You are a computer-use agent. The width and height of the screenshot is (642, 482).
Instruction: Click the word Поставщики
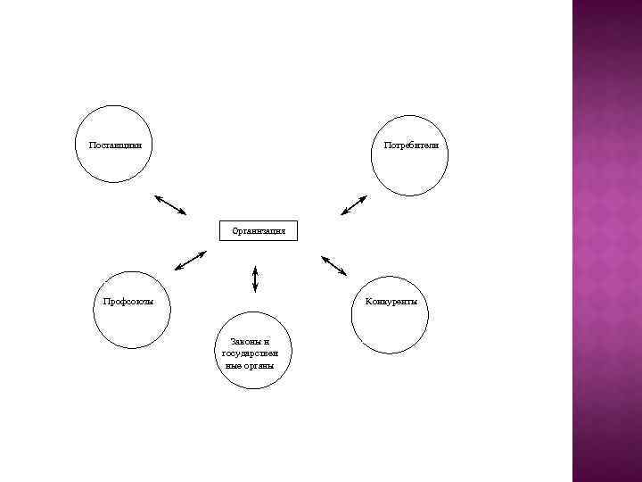[x=114, y=145]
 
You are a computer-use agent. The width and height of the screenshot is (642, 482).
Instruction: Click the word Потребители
[x=411, y=145]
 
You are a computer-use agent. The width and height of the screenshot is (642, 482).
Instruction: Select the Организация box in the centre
[x=259, y=230]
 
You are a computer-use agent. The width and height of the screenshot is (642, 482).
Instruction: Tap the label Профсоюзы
[x=128, y=302]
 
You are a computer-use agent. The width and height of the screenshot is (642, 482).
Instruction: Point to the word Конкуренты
[x=391, y=302]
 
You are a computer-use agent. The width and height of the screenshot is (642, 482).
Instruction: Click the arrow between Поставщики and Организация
[x=170, y=204]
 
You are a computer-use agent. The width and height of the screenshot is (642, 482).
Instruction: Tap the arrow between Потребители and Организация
[x=354, y=204]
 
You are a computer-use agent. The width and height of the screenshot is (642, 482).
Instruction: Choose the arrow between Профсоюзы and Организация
[x=190, y=260]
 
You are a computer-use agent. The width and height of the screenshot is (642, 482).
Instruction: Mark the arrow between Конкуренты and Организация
[x=333, y=265]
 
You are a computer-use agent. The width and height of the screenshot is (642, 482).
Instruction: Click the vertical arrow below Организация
[x=255, y=278]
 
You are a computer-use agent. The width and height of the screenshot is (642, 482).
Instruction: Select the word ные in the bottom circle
[x=235, y=365]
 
